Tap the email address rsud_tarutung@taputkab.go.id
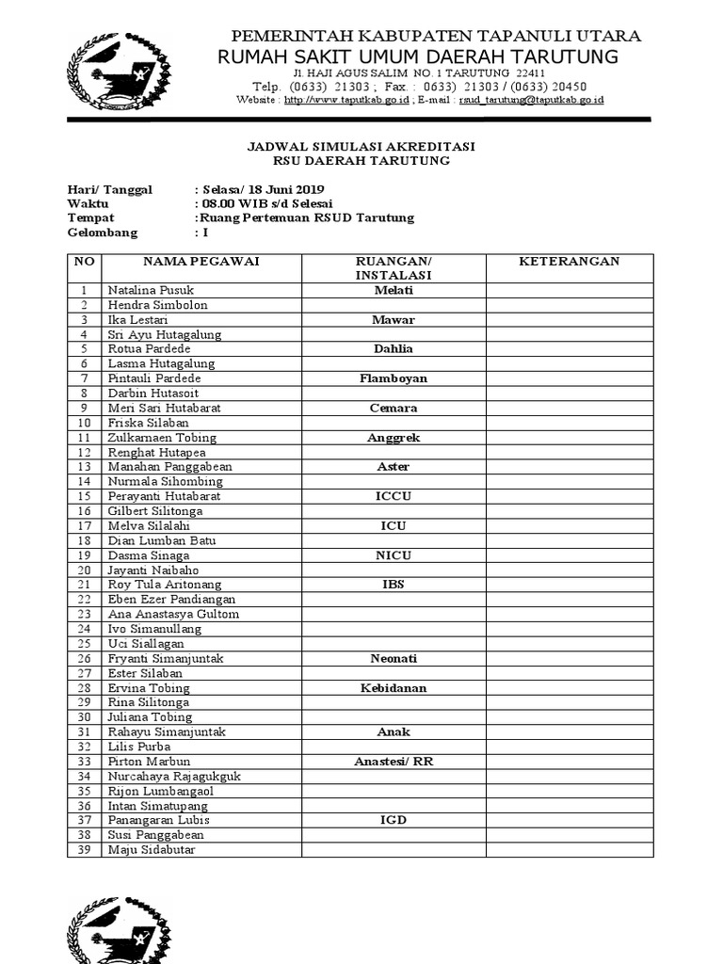pos(532,100)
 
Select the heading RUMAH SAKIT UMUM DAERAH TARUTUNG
pos(418,57)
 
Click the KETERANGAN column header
pos(569,261)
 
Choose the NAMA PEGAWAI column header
pos(201,261)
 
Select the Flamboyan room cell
pos(393,378)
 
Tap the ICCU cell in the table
pos(393,496)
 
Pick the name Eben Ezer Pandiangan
pos(171,599)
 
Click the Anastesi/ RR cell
pos(393,761)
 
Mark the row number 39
pos(84,850)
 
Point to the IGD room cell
pos(393,820)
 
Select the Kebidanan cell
pos(393,687)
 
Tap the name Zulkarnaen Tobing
pos(162,438)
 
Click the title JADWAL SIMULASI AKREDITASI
pos(361,147)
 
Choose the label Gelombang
pos(103,233)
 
